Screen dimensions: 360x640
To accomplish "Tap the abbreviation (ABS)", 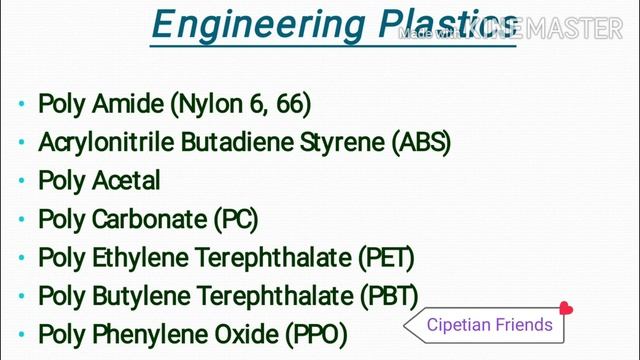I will pyautogui.click(x=424, y=142).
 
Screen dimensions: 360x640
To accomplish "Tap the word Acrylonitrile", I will pyautogui.click(x=106, y=142).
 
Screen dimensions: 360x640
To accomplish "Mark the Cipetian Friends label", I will pyautogui.click(x=489, y=324).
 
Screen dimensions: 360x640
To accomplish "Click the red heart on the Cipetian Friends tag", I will pyautogui.click(x=566, y=309).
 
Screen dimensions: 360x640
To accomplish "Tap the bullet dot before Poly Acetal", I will pyautogui.click(x=22, y=183).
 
